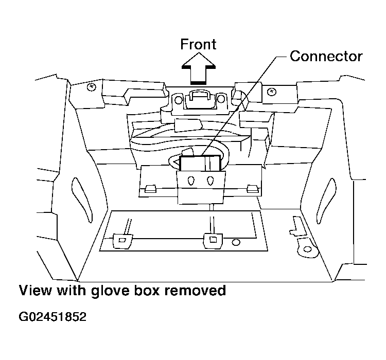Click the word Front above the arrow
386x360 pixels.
coord(198,44)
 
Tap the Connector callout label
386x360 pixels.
coord(326,57)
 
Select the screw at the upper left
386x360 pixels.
coord(92,87)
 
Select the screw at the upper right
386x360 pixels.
coord(272,92)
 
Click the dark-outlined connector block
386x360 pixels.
coord(200,163)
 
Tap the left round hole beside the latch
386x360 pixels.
coord(178,100)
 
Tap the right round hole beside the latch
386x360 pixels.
coord(221,99)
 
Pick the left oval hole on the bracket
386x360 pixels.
coord(191,181)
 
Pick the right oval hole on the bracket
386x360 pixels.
coord(210,181)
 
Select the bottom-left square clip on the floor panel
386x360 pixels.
coord(122,241)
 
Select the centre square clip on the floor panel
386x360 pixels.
coord(213,240)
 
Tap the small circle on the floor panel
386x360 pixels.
coord(236,243)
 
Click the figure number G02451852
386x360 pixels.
coord(52,317)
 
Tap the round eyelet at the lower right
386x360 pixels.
coord(307,249)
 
